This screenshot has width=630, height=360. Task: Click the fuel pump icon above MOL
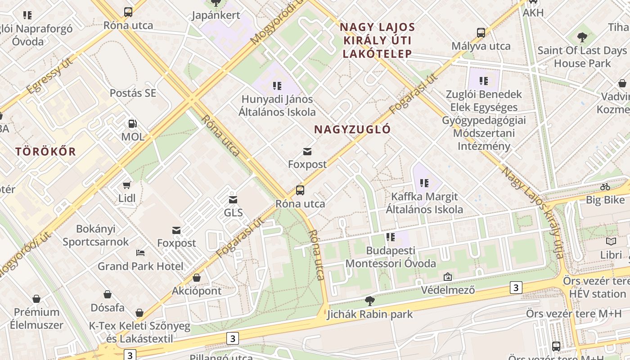click(133, 123)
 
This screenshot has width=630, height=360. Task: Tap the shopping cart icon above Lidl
click(127, 185)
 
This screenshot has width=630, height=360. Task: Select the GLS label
click(233, 212)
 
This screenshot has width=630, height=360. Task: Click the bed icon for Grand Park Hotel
click(140, 253)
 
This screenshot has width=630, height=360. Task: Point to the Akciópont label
click(197, 291)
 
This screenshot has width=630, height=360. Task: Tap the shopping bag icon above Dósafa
click(108, 294)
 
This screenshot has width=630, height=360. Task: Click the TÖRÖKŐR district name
click(46, 151)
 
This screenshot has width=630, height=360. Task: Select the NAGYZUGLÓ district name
click(352, 130)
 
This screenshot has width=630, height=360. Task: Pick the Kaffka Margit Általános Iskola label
click(424, 203)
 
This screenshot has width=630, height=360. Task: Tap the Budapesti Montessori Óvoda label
click(391, 256)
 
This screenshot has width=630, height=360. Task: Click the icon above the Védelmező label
click(447, 277)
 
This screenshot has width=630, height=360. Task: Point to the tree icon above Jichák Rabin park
click(370, 301)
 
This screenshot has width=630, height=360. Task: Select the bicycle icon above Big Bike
click(605, 187)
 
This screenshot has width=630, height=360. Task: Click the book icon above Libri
click(611, 242)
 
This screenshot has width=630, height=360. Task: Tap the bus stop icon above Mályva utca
click(481, 33)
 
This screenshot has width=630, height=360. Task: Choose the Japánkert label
click(216, 15)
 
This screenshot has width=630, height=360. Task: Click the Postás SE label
click(133, 93)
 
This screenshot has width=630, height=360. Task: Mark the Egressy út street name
click(49, 76)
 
